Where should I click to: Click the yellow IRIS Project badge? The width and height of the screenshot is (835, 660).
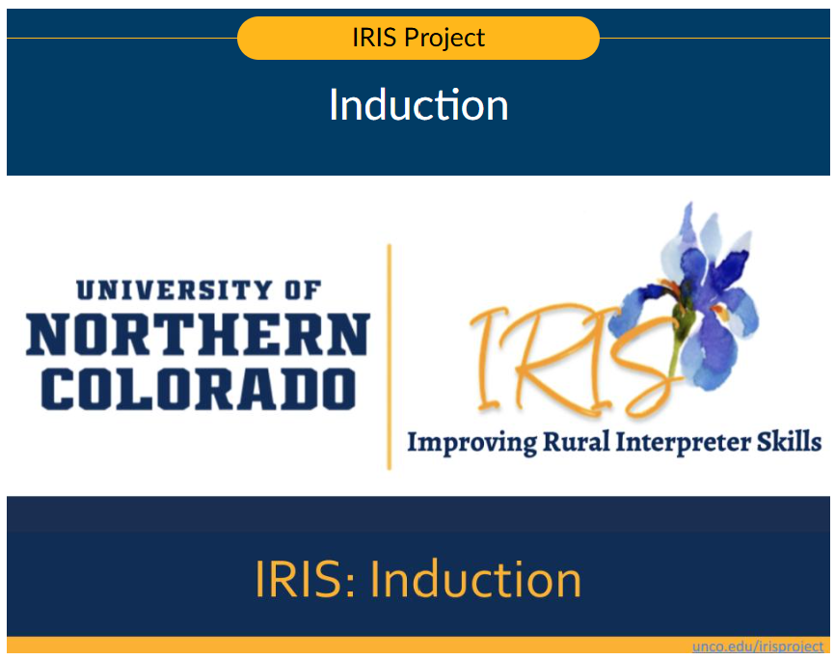pyautogui.click(x=417, y=39)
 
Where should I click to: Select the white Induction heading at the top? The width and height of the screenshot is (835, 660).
pyautogui.click(x=418, y=105)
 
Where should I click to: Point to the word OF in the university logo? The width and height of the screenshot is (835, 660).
pyautogui.click(x=300, y=289)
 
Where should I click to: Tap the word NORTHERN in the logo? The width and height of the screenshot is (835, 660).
pyautogui.click(x=198, y=336)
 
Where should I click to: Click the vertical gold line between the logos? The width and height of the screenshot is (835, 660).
pyautogui.click(x=390, y=357)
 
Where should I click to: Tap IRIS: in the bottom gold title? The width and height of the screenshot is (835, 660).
pyautogui.click(x=306, y=579)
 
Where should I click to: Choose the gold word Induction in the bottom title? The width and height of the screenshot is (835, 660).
pyautogui.click(x=475, y=579)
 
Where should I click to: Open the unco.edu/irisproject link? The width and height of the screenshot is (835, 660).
pyautogui.click(x=758, y=646)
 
